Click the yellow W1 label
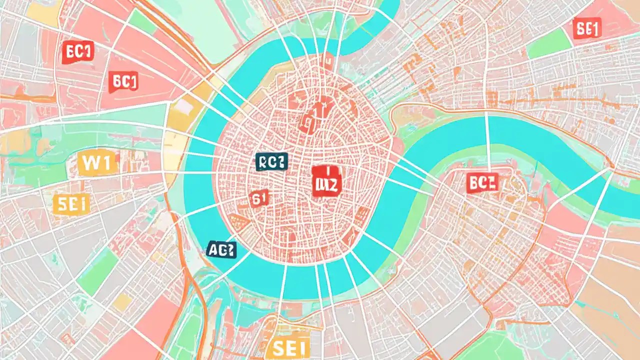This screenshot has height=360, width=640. click(x=97, y=163)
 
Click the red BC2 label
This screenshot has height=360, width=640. click(x=482, y=183)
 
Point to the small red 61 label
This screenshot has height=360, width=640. click(x=258, y=198)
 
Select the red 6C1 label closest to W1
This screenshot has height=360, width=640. click(x=123, y=82)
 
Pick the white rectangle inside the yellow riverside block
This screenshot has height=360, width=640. click(x=182, y=107)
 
